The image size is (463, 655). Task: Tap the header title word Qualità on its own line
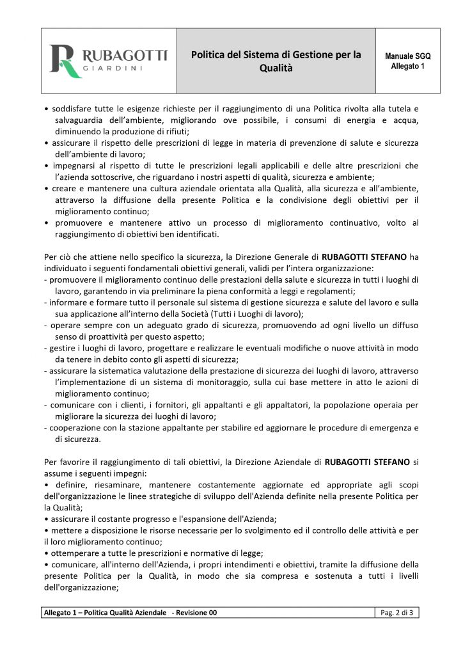click(276, 68)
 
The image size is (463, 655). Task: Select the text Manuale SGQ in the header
click(407, 56)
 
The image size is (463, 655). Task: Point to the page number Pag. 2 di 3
click(396, 613)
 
